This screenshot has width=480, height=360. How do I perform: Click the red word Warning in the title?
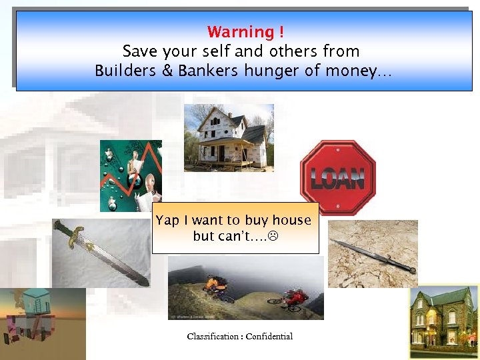pyautogui.click(x=240, y=32)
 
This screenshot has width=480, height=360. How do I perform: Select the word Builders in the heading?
pyautogui.click(x=126, y=71)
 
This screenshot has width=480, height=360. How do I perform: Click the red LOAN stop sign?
pyautogui.click(x=338, y=177)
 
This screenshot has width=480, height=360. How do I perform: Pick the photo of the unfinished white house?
pyautogui.click(x=228, y=138)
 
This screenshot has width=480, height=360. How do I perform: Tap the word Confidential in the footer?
pyautogui.click(x=269, y=336)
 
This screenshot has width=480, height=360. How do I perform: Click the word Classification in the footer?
pyautogui.click(x=212, y=336)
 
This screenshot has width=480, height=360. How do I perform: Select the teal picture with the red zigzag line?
pyautogui.click(x=131, y=175)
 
